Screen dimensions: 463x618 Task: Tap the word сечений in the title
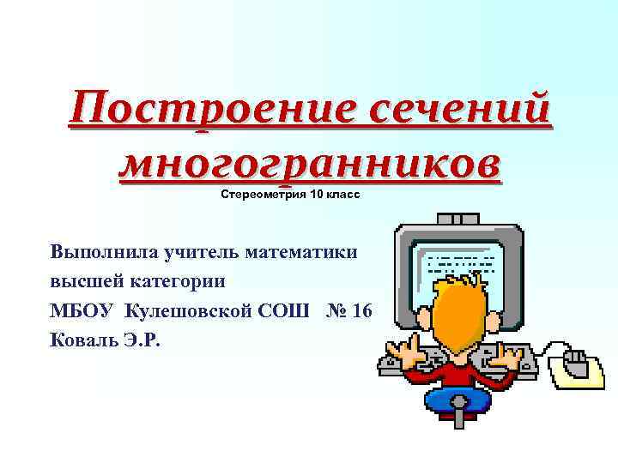click(459, 112)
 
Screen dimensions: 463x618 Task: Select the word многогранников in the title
click(309, 163)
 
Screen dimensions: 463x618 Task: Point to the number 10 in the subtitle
click(318, 195)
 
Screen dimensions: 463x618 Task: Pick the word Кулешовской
click(190, 310)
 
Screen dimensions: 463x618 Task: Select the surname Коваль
click(81, 339)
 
